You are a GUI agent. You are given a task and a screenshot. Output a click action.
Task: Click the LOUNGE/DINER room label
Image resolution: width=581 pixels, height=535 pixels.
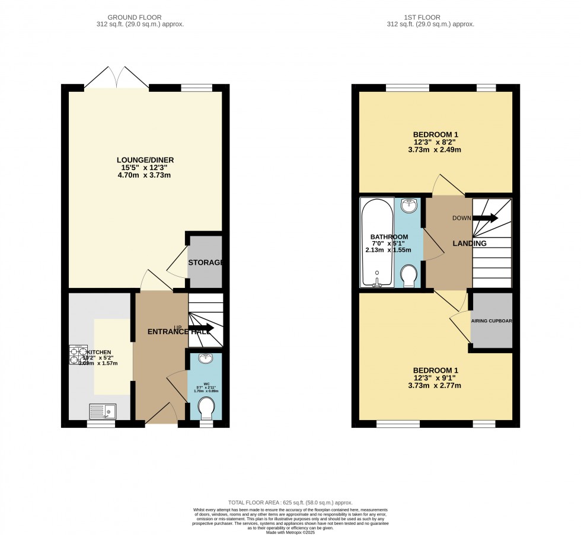point(145,160)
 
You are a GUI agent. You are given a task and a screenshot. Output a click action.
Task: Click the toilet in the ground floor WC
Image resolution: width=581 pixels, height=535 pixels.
point(205,407)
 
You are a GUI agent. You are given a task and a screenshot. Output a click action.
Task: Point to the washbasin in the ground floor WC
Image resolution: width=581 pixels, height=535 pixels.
point(205,358)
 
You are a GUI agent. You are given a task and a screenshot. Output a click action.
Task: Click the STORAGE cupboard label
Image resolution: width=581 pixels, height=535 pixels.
point(205,262)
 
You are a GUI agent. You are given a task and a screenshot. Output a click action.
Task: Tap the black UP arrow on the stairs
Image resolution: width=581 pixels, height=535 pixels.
point(202,328)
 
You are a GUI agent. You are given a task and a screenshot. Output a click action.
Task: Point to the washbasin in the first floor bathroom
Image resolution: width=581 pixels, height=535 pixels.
point(409,206)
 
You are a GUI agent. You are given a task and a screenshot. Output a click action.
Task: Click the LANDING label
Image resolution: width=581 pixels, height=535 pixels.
point(470,244)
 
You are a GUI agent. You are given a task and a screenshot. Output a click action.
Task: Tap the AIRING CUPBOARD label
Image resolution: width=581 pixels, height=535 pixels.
point(491,321)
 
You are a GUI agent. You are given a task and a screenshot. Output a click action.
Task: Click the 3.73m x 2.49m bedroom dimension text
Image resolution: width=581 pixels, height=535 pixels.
point(436,150)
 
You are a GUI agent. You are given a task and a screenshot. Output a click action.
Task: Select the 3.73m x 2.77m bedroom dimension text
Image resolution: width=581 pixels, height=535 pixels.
point(436,386)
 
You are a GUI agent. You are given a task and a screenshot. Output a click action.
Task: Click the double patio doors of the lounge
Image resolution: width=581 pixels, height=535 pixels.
point(117,78)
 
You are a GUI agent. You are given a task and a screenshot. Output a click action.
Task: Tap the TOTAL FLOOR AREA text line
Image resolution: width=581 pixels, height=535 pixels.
point(290,502)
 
